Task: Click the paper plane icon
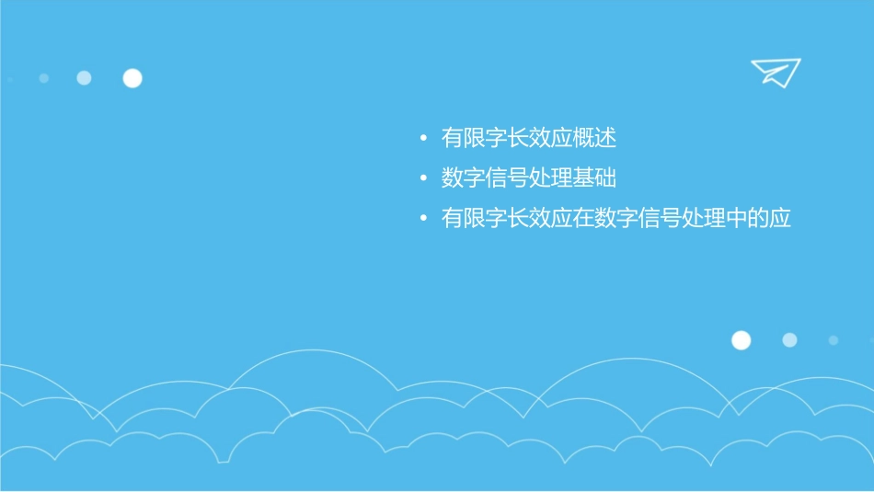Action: coord(775,72)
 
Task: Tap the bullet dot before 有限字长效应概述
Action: coord(422,140)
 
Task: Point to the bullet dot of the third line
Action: coord(422,220)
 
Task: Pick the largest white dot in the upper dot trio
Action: coord(132,78)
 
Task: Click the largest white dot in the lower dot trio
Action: coord(741,340)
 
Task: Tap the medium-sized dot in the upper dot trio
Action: coord(84,78)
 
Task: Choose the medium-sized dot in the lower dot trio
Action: coord(789,340)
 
